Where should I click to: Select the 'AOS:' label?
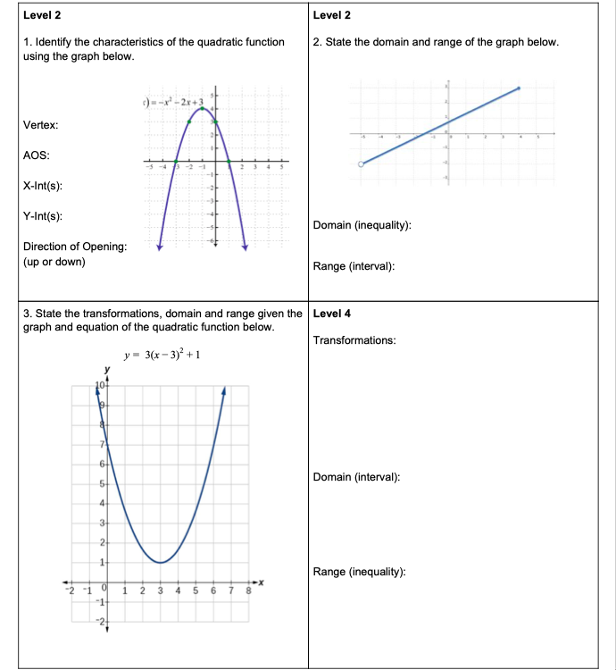[36, 155]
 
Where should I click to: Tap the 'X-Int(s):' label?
[42, 186]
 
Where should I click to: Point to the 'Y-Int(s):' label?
[42, 216]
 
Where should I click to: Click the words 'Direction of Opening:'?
[74, 247]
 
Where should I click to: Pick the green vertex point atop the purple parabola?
[203, 109]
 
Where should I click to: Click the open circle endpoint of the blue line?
[361, 164]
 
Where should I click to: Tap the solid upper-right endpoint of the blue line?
[519, 88]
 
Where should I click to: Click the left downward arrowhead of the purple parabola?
[160, 247]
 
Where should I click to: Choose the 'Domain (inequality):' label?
[362, 226]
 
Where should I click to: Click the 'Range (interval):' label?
[354, 266]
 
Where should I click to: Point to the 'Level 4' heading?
[332, 314]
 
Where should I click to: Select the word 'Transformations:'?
[354, 340]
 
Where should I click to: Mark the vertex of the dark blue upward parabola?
[160, 562]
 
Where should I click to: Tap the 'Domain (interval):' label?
[356, 477]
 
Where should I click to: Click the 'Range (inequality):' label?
[360, 572]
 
